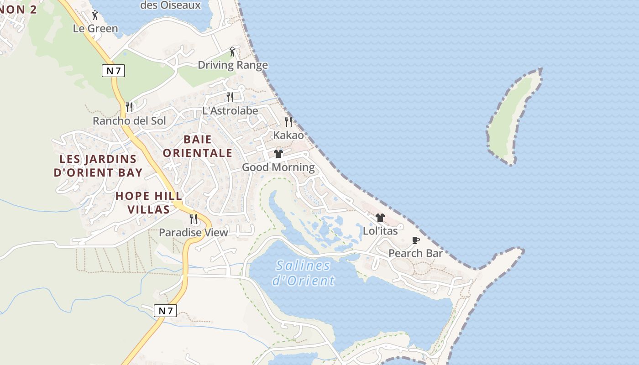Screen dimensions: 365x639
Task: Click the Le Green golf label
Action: [x=95, y=28]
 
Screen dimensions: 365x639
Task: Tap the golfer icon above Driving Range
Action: [x=232, y=52]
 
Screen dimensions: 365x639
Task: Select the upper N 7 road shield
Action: [x=113, y=71]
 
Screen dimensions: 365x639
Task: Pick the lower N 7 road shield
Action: [x=165, y=311]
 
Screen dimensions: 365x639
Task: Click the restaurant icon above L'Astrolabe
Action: [x=230, y=97]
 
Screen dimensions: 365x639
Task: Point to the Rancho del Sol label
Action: [x=129, y=121]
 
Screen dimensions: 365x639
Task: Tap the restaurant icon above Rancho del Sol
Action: [x=129, y=107]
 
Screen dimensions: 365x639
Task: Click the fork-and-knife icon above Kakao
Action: [x=288, y=121]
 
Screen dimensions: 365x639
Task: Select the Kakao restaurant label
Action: [x=288, y=135]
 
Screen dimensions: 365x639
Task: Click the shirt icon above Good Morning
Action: [x=278, y=154]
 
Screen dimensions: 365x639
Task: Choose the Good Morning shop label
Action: [x=278, y=167]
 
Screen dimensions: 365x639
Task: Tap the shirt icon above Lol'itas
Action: [x=380, y=218]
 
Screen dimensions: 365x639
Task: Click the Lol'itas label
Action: [x=380, y=231]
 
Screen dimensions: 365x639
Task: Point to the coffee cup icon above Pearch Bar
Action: [x=415, y=240]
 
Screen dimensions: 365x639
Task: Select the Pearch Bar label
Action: [x=415, y=253]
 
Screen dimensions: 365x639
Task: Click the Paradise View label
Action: [x=193, y=233]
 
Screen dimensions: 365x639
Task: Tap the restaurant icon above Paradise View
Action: [x=193, y=219]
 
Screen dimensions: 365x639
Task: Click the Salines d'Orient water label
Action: [x=304, y=273]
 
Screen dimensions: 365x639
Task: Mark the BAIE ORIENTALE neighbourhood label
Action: [x=198, y=146]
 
